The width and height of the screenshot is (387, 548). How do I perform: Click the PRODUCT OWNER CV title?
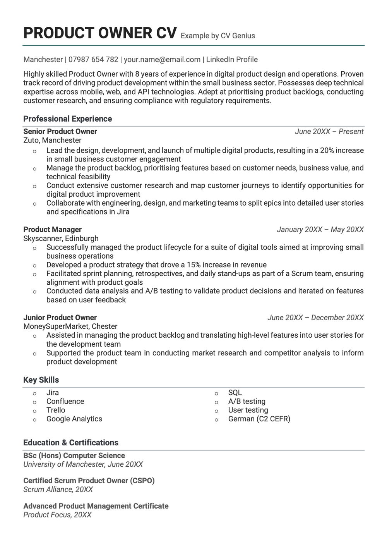tap(100, 33)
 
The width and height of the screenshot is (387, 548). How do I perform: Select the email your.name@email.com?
tap(162, 60)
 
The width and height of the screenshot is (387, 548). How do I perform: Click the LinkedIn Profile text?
tap(232, 60)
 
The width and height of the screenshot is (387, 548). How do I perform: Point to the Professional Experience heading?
tap(67, 119)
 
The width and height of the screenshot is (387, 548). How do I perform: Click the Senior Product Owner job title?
tap(60, 132)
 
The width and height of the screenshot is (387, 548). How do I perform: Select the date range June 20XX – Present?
tap(329, 132)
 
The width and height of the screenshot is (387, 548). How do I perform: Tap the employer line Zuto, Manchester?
tap(52, 140)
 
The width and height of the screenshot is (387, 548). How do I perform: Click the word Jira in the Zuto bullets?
tap(123, 212)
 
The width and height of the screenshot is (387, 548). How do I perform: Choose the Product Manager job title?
tap(52, 230)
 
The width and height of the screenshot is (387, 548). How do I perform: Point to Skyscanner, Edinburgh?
tap(61, 239)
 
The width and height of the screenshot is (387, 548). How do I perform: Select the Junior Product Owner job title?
tap(60, 318)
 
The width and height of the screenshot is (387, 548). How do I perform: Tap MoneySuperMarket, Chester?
tap(70, 326)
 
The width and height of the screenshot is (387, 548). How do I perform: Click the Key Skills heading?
tap(41, 380)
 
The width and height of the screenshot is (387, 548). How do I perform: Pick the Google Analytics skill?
tap(74, 419)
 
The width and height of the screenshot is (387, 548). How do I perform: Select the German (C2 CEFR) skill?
tap(259, 419)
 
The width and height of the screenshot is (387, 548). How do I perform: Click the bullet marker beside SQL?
tap(216, 393)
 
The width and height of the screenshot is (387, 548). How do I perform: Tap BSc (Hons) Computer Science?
tap(74, 456)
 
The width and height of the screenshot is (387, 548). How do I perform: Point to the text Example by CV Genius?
tap(218, 36)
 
